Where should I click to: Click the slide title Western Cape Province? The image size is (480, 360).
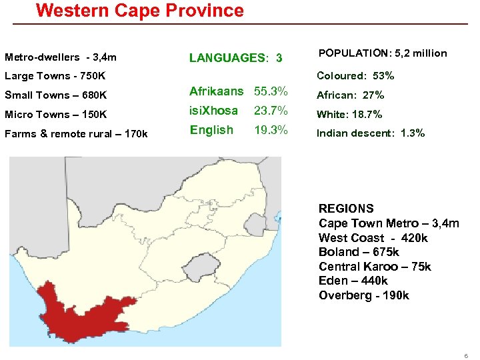pos(140,11)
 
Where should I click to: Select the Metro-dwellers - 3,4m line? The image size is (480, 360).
pos(61,57)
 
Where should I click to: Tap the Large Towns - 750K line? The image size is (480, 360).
pos(55,76)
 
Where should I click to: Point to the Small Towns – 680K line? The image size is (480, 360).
pos(56,95)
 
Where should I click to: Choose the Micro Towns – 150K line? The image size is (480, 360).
pos(56,114)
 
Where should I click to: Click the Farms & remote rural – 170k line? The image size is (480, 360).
pos(76,134)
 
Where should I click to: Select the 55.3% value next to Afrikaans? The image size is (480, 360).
pos(271,91)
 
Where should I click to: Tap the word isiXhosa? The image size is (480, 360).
pos(213,110)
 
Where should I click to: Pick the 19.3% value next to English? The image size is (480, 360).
pos(271,130)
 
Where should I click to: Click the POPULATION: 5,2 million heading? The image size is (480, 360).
pos(383,53)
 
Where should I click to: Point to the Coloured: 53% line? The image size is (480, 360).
pos(355,76)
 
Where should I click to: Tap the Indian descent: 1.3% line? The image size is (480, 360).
pos(370,133)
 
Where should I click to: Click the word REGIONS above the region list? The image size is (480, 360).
pos(346,209)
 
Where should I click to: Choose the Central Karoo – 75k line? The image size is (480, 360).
pos(375,267)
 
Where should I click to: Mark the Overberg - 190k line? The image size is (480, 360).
pos(363,295)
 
